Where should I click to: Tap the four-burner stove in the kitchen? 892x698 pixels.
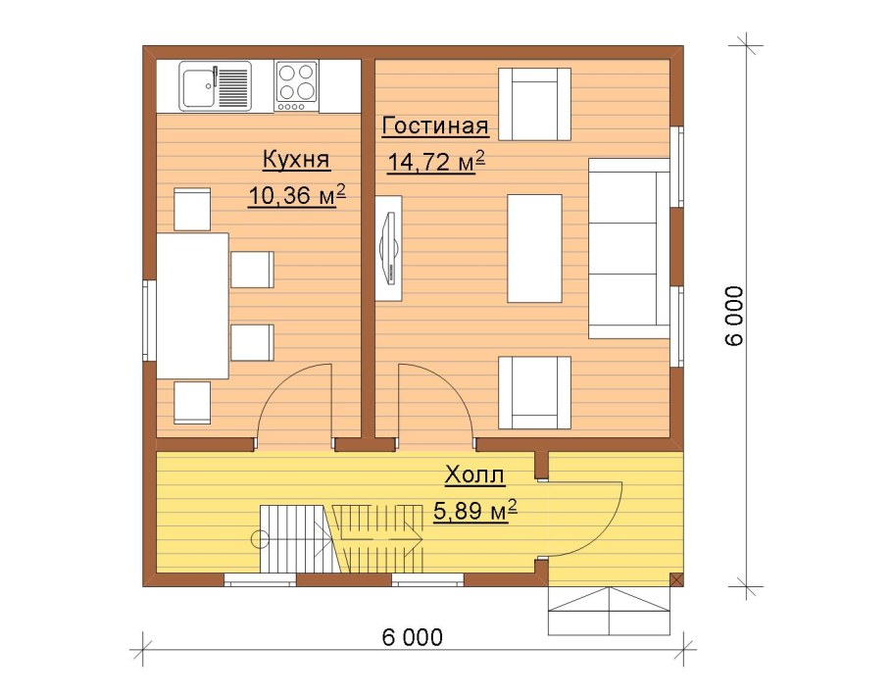tap(296, 86)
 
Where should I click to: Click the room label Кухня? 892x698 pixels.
tap(296, 160)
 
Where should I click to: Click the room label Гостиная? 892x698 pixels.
tap(435, 125)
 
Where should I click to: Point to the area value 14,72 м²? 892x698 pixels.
tap(436, 161)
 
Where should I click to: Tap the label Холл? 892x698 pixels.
tap(474, 474)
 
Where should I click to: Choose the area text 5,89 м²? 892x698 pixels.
tap(475, 511)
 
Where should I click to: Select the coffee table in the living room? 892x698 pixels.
tap(534, 249)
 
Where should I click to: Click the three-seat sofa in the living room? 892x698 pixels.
tap(628, 249)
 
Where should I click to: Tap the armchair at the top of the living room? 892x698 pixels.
tap(534, 104)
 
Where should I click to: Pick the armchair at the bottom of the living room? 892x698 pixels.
tap(534, 392)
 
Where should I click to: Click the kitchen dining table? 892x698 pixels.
tap(192, 306)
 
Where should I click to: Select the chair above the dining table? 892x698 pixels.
tap(192, 210)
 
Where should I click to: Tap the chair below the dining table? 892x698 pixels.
tap(192, 403)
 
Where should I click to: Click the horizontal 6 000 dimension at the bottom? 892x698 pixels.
tap(412, 637)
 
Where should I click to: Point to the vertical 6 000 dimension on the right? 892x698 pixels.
tap(734, 316)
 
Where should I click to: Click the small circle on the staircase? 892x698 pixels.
tap(260, 539)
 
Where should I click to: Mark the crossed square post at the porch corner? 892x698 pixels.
tap(676, 580)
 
